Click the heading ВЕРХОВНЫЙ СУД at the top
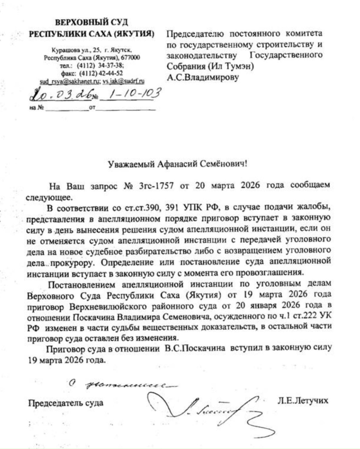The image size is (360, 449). (x=92, y=23)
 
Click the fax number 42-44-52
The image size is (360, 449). (x=110, y=73)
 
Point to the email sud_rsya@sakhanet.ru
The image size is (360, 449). (x=70, y=81)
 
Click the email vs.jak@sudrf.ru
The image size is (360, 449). (x=123, y=81)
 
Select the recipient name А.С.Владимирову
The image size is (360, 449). (x=203, y=77)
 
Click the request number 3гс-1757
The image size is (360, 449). (x=156, y=185)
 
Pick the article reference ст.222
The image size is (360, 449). (x=302, y=315)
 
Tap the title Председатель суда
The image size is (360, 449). (x=66, y=403)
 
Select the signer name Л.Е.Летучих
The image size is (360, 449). (x=303, y=400)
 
